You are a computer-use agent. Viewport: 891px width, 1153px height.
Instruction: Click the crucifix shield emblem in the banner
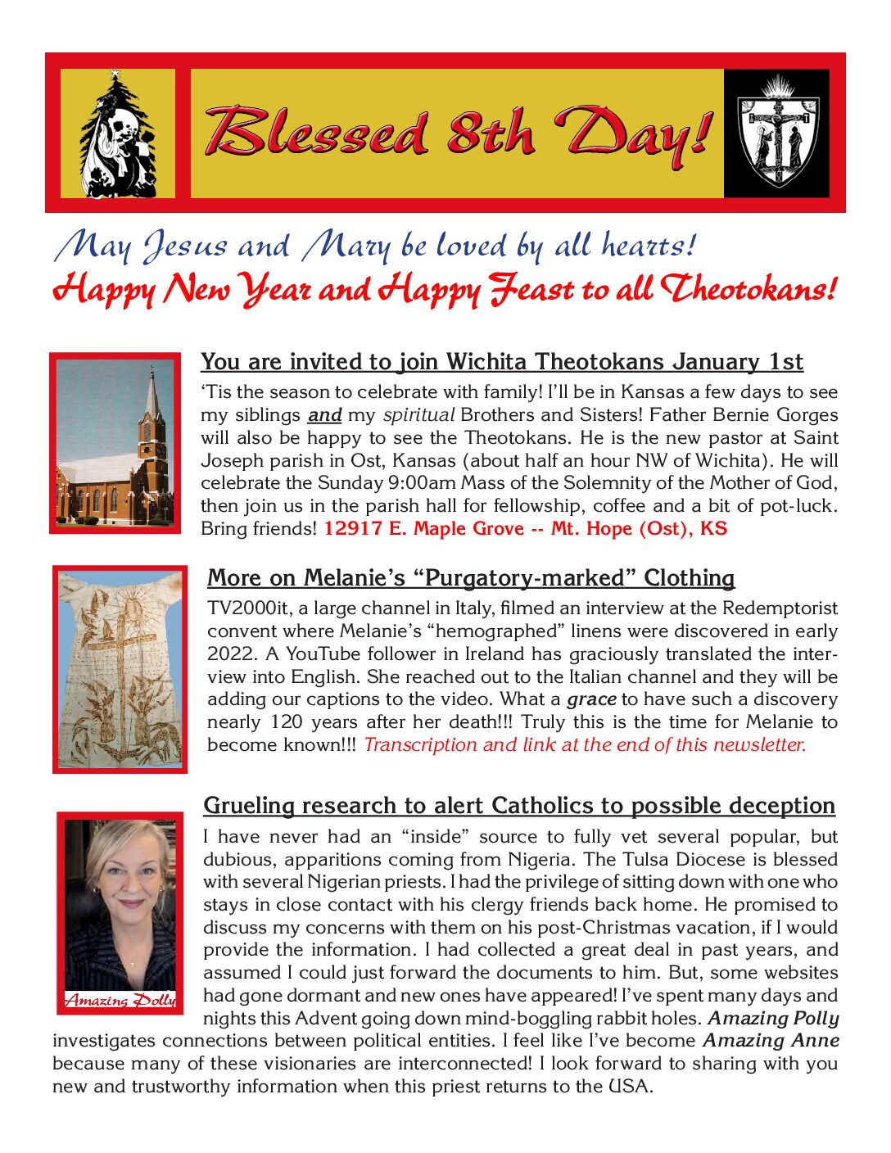776,133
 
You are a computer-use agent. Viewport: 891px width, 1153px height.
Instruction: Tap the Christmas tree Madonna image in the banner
118,133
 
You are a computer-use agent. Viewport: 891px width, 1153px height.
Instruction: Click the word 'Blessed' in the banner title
316,133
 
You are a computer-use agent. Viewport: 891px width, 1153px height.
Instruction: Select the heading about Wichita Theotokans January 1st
501,362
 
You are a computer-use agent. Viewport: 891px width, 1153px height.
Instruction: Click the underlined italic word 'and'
324,415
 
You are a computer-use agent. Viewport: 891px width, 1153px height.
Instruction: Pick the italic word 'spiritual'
418,415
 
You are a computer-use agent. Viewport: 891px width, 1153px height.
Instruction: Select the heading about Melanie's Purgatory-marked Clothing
471,578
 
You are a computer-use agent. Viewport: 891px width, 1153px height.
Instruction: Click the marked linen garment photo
120,669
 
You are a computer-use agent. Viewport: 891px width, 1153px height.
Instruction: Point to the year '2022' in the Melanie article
228,654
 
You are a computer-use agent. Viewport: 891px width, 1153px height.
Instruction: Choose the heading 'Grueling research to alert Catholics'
519,806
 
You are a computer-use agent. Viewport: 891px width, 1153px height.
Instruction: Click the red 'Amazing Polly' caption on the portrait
120,1000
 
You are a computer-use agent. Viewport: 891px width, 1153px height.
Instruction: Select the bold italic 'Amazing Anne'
771,1041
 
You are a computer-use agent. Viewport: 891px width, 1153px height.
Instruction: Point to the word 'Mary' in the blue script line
346,246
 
